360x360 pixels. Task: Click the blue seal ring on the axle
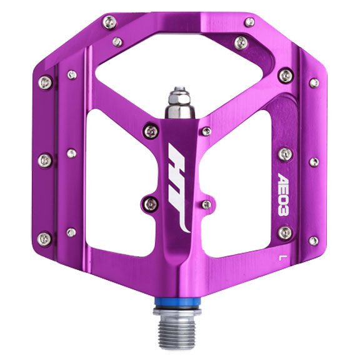pyautogui.click(x=179, y=307)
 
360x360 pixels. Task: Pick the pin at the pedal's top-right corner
pyautogui.click(x=249, y=22)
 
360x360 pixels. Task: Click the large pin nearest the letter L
pyautogui.click(x=284, y=233)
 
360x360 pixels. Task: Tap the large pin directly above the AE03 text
pyautogui.click(x=284, y=154)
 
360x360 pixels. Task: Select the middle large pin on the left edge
pyautogui.click(x=45, y=161)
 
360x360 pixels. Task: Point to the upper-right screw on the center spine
pyautogui.click(x=206, y=131)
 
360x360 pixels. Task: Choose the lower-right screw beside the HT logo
pyautogui.click(x=206, y=204)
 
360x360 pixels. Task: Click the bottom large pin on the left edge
pyautogui.click(x=45, y=238)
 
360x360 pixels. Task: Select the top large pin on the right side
pyautogui.click(x=285, y=76)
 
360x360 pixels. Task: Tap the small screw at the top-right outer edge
pyautogui.click(x=313, y=82)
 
